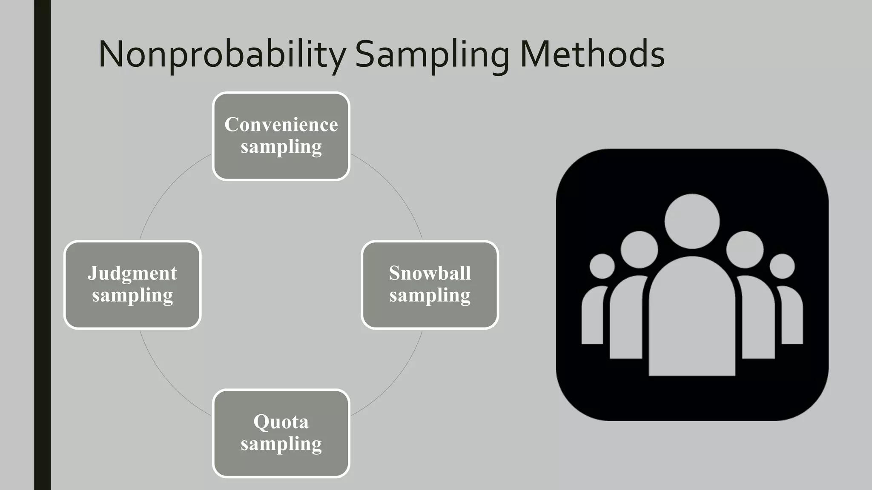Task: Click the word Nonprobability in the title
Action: point(222,54)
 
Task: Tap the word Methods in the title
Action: point(592,54)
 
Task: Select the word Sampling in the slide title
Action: point(432,54)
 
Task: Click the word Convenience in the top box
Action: point(281,125)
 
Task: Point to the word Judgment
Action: point(132,273)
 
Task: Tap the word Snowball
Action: point(430,273)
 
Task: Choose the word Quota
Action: point(281,422)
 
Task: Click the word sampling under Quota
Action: point(281,444)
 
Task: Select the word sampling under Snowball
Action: point(430,296)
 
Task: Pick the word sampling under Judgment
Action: point(132,296)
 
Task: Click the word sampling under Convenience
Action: point(281,147)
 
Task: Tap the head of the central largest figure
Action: point(692,221)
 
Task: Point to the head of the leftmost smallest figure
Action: point(602,266)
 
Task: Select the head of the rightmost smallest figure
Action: point(782,266)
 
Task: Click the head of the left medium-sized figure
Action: point(639,250)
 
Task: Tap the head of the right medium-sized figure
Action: point(745,250)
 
